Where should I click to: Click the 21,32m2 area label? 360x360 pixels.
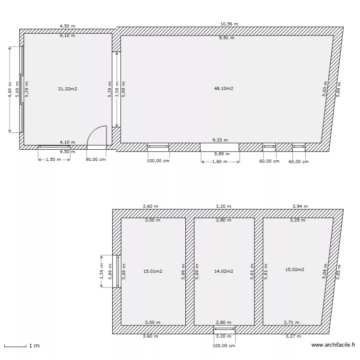[68, 89]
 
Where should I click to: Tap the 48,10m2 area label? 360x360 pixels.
[223, 88]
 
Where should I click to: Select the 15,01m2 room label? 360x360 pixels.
[153, 271]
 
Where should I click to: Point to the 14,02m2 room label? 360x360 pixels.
[224, 271]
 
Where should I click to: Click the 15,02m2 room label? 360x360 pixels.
[295, 270]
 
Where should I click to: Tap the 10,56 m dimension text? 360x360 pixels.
[229, 24]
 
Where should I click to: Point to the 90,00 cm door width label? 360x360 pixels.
[96, 160]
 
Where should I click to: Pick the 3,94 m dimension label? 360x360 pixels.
[300, 206]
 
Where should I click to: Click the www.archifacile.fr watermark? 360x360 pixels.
[333, 345]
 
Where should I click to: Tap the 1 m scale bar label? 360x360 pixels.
[34, 346]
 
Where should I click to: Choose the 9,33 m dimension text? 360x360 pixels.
[221, 140]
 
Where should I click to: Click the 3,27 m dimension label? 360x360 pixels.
[293, 336]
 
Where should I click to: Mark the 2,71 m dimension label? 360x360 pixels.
[291, 323]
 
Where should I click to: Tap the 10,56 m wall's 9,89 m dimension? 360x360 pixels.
[221, 154]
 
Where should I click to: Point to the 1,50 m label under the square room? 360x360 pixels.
[53, 160]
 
